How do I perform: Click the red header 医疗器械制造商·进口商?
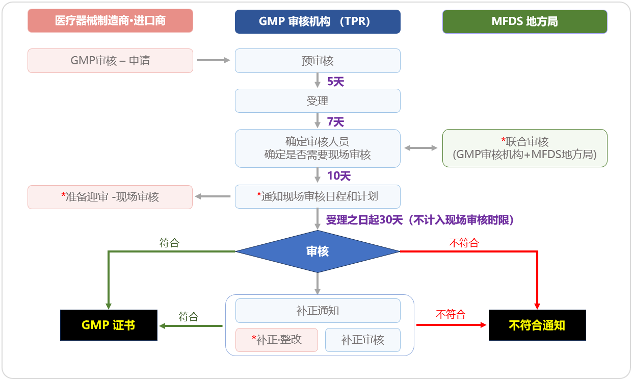(x=110, y=21)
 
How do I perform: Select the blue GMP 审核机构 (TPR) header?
(x=318, y=21)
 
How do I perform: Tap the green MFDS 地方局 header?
(x=524, y=21)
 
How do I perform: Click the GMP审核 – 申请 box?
(x=110, y=61)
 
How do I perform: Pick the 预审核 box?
(x=318, y=61)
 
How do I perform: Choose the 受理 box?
(x=318, y=101)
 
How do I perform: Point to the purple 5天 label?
(x=335, y=82)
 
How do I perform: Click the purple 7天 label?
(x=335, y=122)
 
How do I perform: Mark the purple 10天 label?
(x=339, y=176)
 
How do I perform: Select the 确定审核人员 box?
(x=318, y=148)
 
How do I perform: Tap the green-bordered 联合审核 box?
(x=524, y=148)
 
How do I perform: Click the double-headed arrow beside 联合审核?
(x=421, y=148)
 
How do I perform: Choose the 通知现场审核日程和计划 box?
(x=318, y=196)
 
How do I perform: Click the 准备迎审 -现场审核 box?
(x=110, y=197)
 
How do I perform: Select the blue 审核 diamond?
(x=318, y=251)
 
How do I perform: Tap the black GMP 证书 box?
(x=109, y=325)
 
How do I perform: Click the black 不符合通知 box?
(x=537, y=325)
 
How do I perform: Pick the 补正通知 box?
(x=318, y=311)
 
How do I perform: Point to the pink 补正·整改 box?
(x=276, y=340)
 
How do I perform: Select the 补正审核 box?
(x=362, y=340)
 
